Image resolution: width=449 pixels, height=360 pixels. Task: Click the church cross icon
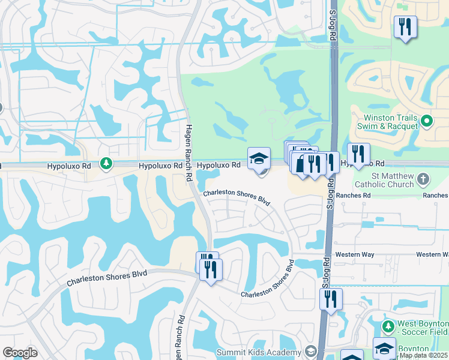click(x=424, y=179)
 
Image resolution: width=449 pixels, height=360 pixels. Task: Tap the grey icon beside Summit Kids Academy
click(x=310, y=352)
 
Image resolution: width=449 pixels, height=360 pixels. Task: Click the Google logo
click(x=20, y=353)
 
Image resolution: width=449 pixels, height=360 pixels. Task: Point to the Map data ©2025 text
click(x=423, y=355)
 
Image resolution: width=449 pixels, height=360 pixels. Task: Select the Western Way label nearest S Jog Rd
click(x=355, y=254)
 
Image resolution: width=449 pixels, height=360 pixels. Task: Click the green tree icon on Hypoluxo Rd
click(x=106, y=163)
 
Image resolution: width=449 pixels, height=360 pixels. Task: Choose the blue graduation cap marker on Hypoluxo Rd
click(x=259, y=158)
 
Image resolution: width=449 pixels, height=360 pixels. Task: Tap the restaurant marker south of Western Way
click(x=331, y=299)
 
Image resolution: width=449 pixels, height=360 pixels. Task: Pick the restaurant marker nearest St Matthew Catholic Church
click(x=358, y=154)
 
